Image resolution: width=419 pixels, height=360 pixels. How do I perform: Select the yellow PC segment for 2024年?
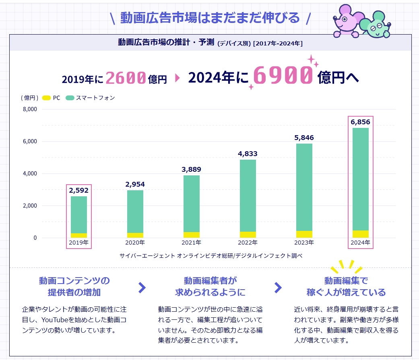click(361, 234)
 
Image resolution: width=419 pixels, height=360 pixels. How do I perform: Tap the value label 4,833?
click(248, 154)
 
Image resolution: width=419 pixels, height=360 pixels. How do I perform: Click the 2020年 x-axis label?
click(135, 243)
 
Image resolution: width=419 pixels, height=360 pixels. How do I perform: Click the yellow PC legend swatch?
click(46, 98)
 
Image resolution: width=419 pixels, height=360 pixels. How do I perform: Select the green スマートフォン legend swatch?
click(70, 98)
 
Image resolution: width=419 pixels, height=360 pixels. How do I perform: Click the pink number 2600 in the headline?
click(126, 78)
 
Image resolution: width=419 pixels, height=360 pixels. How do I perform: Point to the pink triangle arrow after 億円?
click(177, 78)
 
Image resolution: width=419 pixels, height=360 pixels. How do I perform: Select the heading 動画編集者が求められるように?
click(210, 286)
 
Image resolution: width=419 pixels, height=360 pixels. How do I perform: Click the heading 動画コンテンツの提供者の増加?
click(74, 286)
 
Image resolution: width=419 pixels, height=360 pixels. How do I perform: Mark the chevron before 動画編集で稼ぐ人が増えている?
click(278, 287)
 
